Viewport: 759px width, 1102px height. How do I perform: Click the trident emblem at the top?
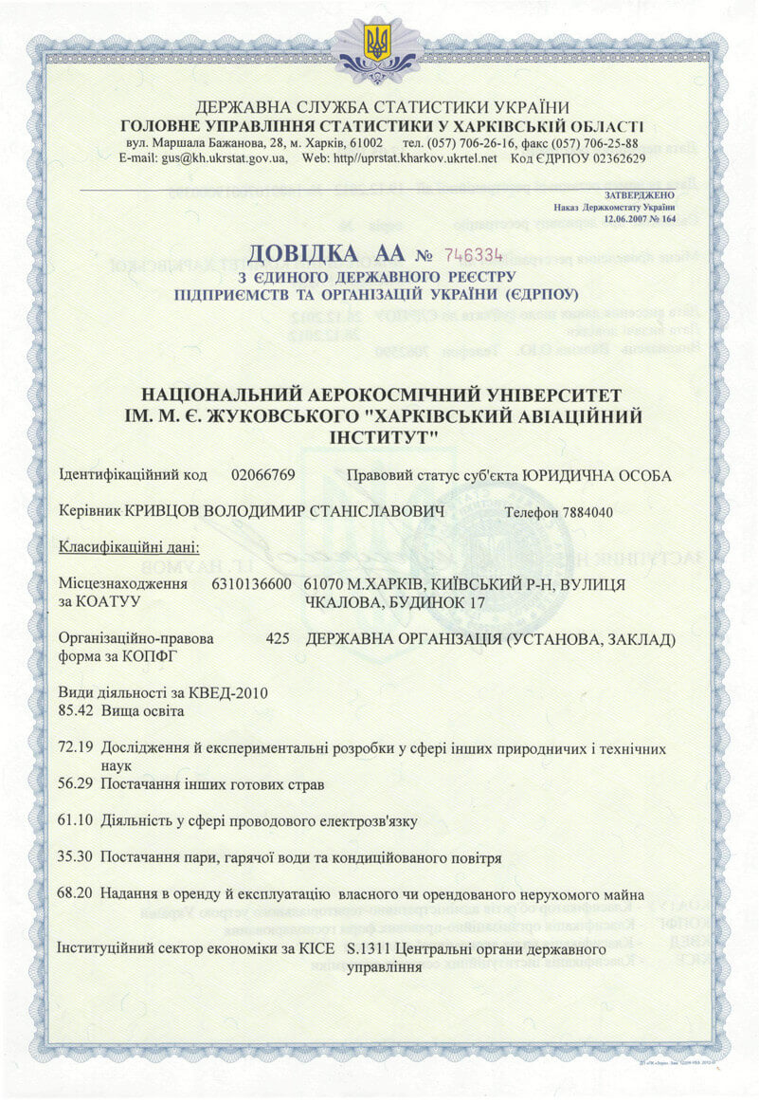[379, 44]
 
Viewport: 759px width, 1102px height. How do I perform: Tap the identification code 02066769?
[263, 475]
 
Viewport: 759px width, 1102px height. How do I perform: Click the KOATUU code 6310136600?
[253, 585]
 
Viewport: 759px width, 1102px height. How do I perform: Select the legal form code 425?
[278, 639]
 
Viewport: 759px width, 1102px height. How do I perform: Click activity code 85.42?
[74, 710]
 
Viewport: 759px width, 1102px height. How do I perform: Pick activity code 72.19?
[74, 748]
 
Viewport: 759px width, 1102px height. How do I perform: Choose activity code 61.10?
[74, 820]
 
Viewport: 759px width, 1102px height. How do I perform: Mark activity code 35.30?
[74, 857]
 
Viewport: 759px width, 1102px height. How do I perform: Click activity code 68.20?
[74, 894]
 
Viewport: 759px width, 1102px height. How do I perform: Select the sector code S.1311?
[367, 948]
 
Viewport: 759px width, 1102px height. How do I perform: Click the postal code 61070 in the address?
[324, 585]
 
